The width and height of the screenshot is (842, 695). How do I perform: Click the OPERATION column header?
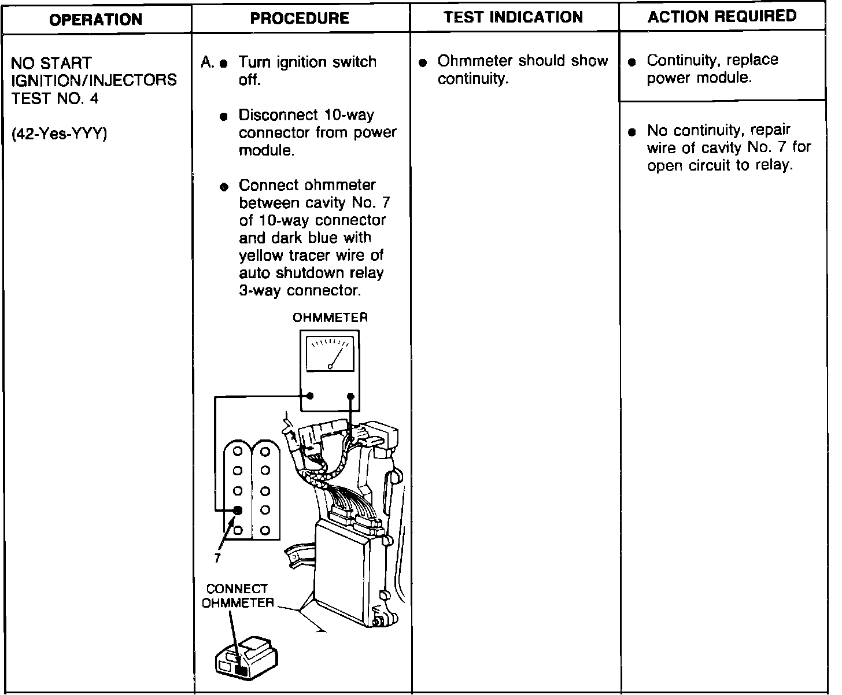pos(96,20)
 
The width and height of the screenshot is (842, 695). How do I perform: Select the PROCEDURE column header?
pos(300,19)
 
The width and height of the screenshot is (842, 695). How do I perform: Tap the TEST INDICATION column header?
pos(514,17)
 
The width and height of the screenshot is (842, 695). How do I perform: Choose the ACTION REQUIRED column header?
pos(722,16)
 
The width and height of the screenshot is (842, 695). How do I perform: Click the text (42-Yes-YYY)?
pos(60,134)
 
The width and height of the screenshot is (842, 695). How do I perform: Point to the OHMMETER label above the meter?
pos(330,317)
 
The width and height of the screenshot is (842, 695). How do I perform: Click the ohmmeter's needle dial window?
pos(330,353)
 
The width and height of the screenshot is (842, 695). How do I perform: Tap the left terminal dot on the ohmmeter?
pos(310,396)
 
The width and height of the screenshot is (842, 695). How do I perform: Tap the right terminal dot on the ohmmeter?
pos(350,396)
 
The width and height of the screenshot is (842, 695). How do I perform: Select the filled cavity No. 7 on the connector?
pos(237,510)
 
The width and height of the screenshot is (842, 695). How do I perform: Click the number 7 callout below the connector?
pos(217,559)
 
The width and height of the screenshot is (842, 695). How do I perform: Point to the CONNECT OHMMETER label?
pos(237,596)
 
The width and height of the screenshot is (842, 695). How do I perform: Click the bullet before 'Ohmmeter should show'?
pos(423,62)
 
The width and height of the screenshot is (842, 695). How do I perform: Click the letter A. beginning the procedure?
pos(207,62)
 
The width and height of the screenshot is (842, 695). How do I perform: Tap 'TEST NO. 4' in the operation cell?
pos(55,98)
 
